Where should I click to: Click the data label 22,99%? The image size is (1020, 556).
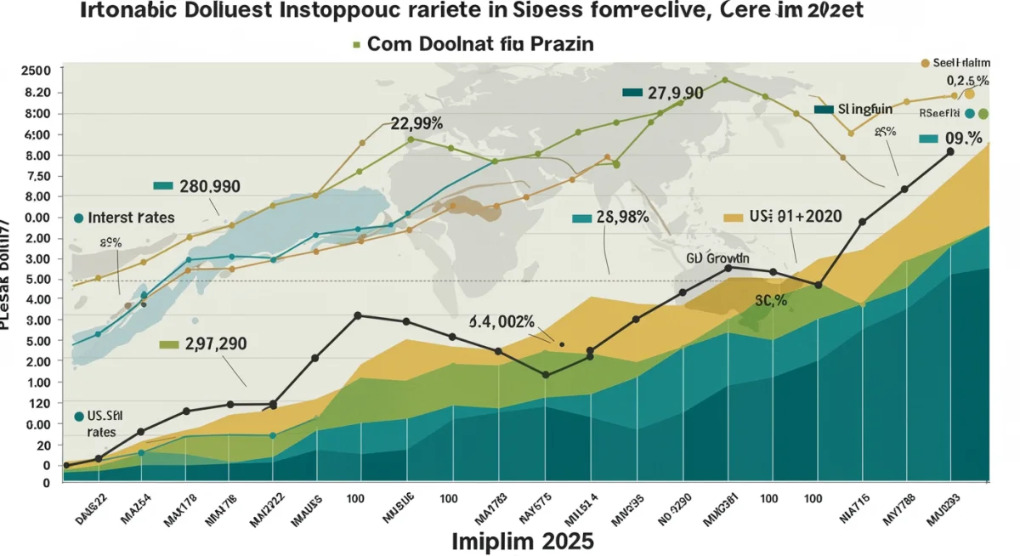[x=416, y=123]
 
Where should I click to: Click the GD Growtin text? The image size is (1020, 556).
[x=717, y=257]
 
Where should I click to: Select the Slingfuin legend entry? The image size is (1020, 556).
[x=864, y=110]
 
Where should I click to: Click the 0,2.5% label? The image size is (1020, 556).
[x=968, y=81]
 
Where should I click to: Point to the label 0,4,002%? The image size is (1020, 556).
[x=501, y=322]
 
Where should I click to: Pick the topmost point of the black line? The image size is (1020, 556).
[x=950, y=151]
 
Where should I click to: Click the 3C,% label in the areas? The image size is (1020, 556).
[x=770, y=301]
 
